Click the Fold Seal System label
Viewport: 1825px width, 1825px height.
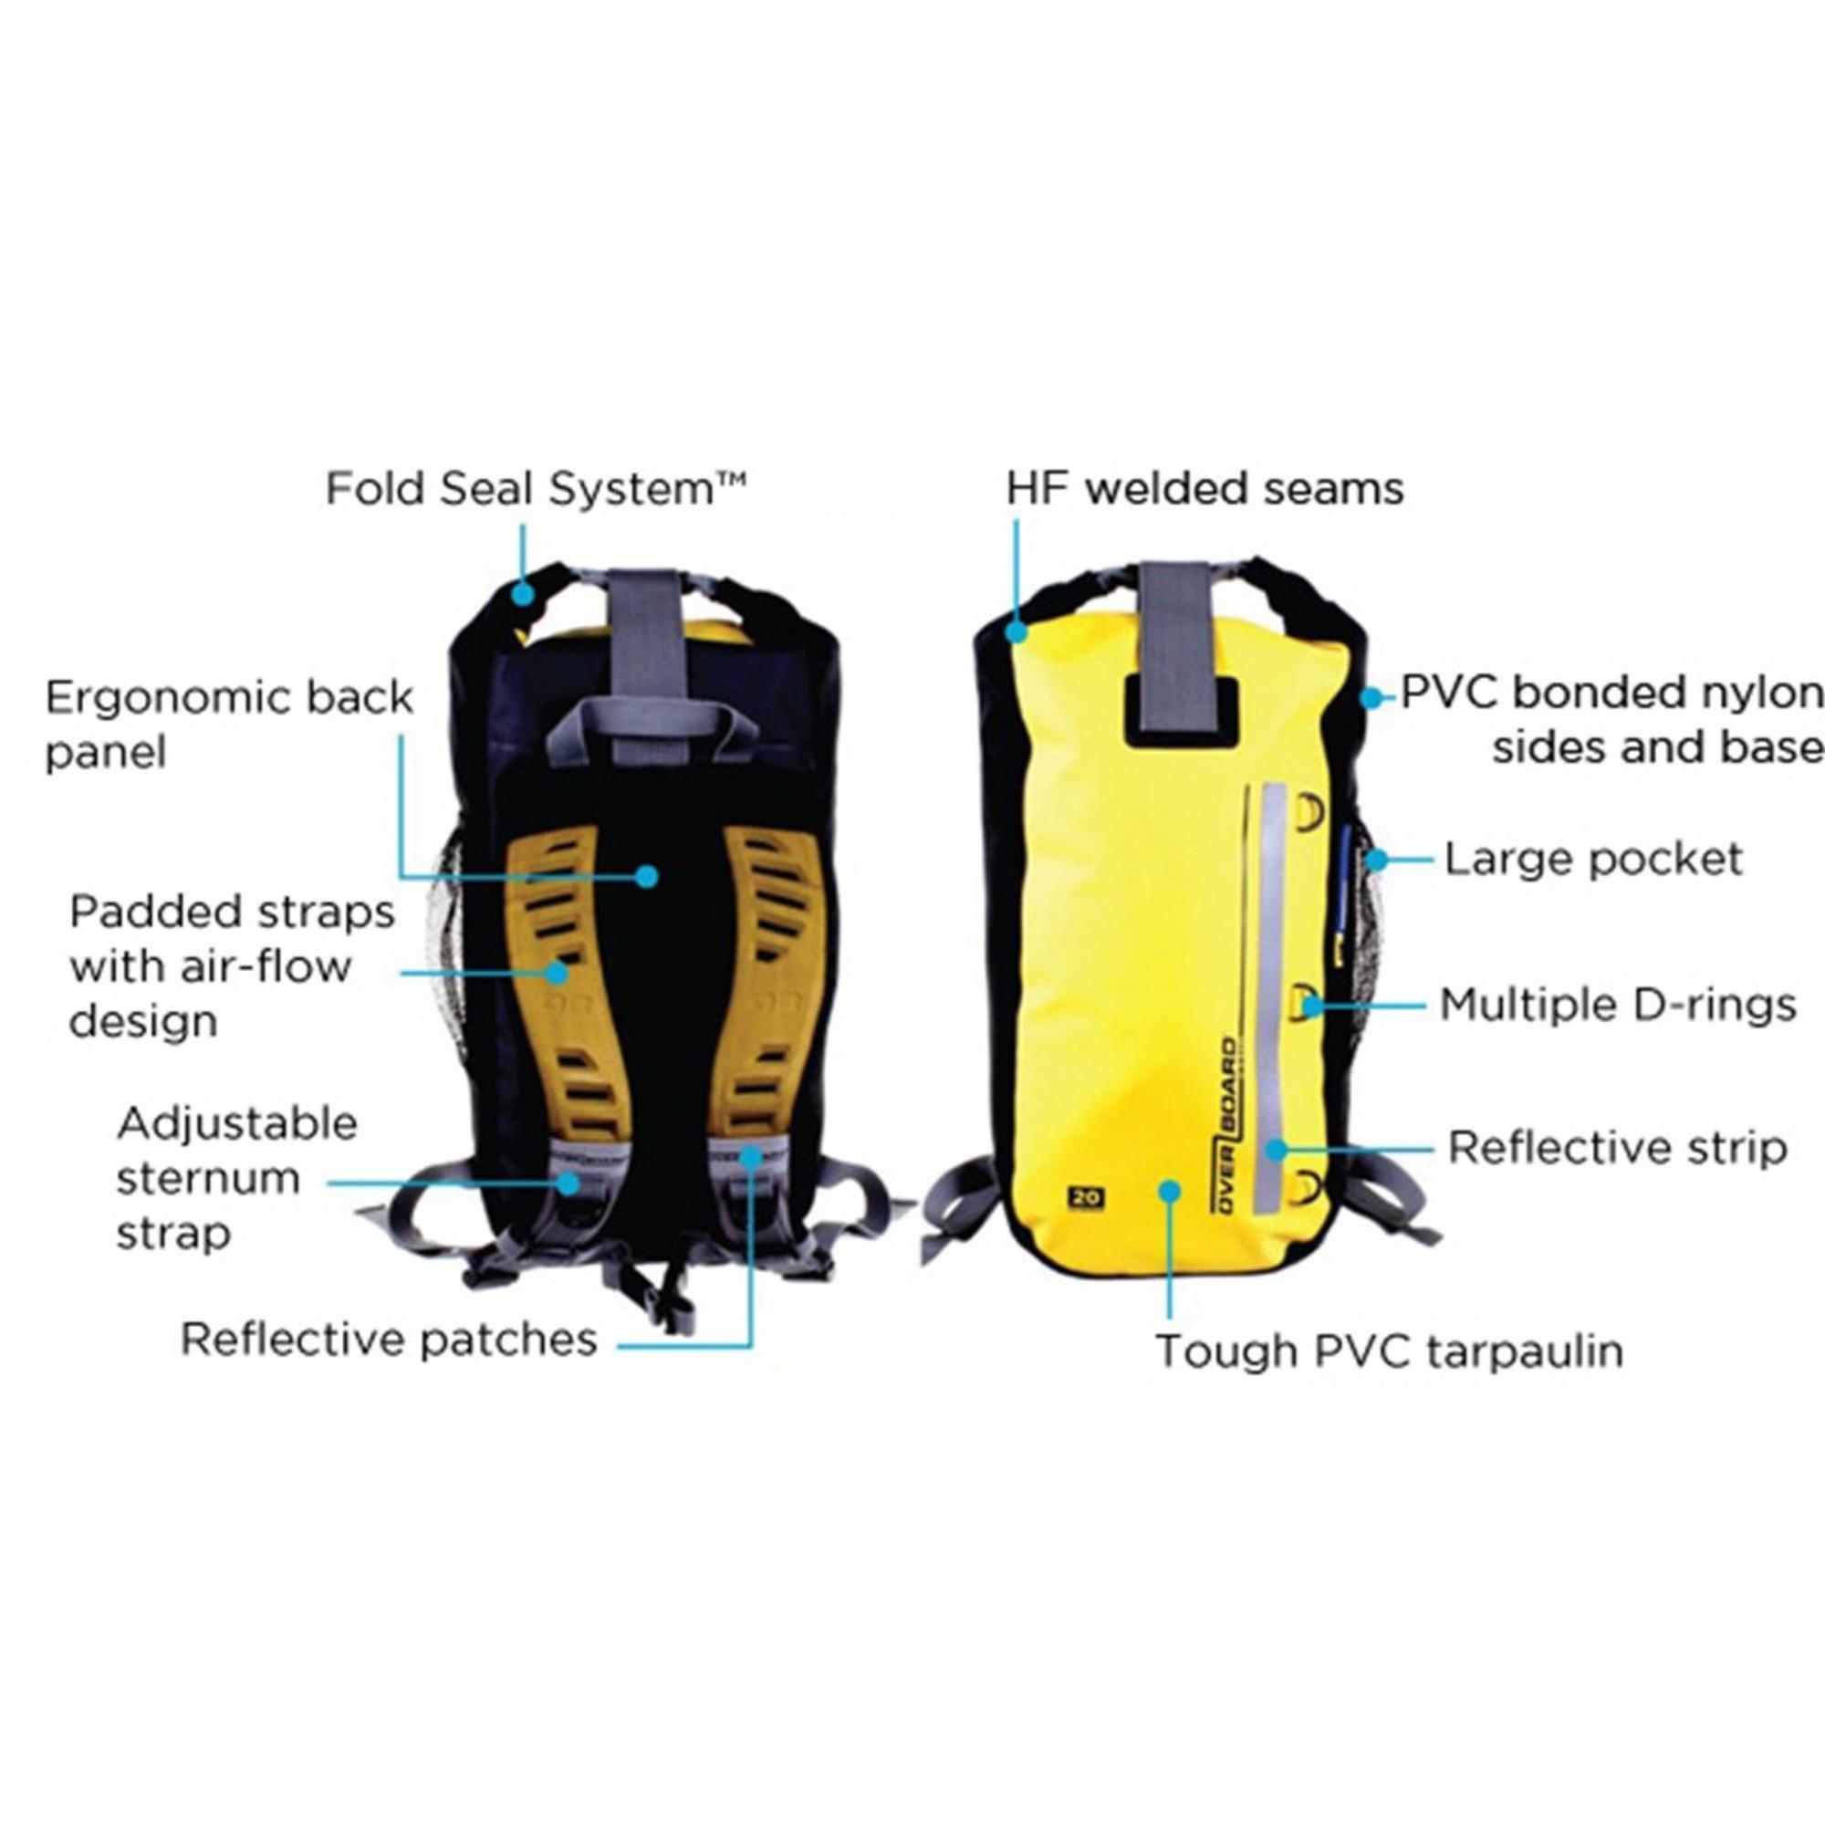[x=536, y=489]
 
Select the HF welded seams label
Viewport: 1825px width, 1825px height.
[x=1204, y=489]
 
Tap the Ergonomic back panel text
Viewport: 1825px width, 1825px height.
[x=230, y=725]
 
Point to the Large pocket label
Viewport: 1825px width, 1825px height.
[x=1593, y=860]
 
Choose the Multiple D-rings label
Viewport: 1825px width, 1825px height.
[x=1617, y=1005]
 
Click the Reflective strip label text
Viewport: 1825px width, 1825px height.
[x=1618, y=1149]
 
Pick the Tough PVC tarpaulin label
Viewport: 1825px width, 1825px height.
[x=1390, y=1351]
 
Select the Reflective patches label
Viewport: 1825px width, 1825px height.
[x=390, y=1340]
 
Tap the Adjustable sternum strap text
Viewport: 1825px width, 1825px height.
[x=237, y=1178]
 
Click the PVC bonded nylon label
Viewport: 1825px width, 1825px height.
[x=1611, y=721]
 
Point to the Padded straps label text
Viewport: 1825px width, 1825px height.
[x=233, y=966]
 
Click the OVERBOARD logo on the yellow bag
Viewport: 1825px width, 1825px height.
[x=1225, y=1123]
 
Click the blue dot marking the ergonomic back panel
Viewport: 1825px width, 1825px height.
[x=646, y=877]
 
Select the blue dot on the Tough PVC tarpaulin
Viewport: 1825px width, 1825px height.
[x=1171, y=1190]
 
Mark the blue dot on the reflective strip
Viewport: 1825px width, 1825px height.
[x=1277, y=1150]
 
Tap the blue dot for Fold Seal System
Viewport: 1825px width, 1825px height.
[x=522, y=594]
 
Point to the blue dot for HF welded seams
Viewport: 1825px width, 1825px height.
[x=1017, y=630]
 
